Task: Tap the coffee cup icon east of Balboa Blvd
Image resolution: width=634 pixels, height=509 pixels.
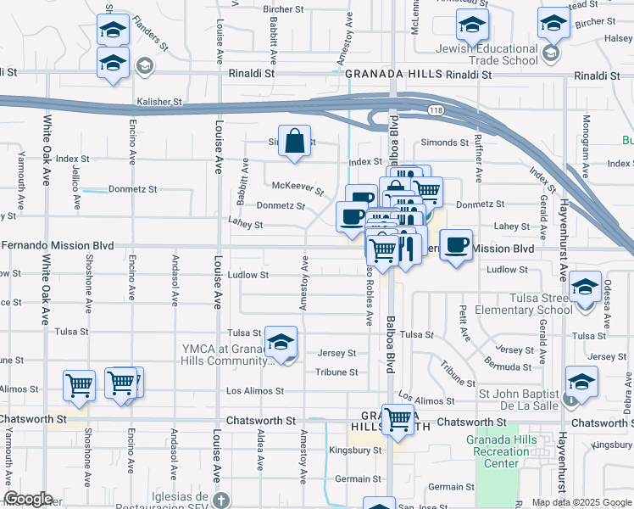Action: point(456,245)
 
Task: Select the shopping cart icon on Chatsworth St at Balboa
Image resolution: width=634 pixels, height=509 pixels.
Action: point(398,419)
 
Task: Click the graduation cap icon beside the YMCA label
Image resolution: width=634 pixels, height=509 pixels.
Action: point(281,342)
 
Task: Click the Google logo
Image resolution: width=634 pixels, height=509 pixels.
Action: point(28,499)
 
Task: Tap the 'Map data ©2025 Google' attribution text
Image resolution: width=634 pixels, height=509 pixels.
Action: point(581,502)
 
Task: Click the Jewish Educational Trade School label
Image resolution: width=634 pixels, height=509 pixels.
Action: point(484,54)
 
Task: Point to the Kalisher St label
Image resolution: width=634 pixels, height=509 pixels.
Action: point(159,102)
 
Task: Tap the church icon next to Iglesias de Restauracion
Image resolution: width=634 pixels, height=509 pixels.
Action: point(220,498)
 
